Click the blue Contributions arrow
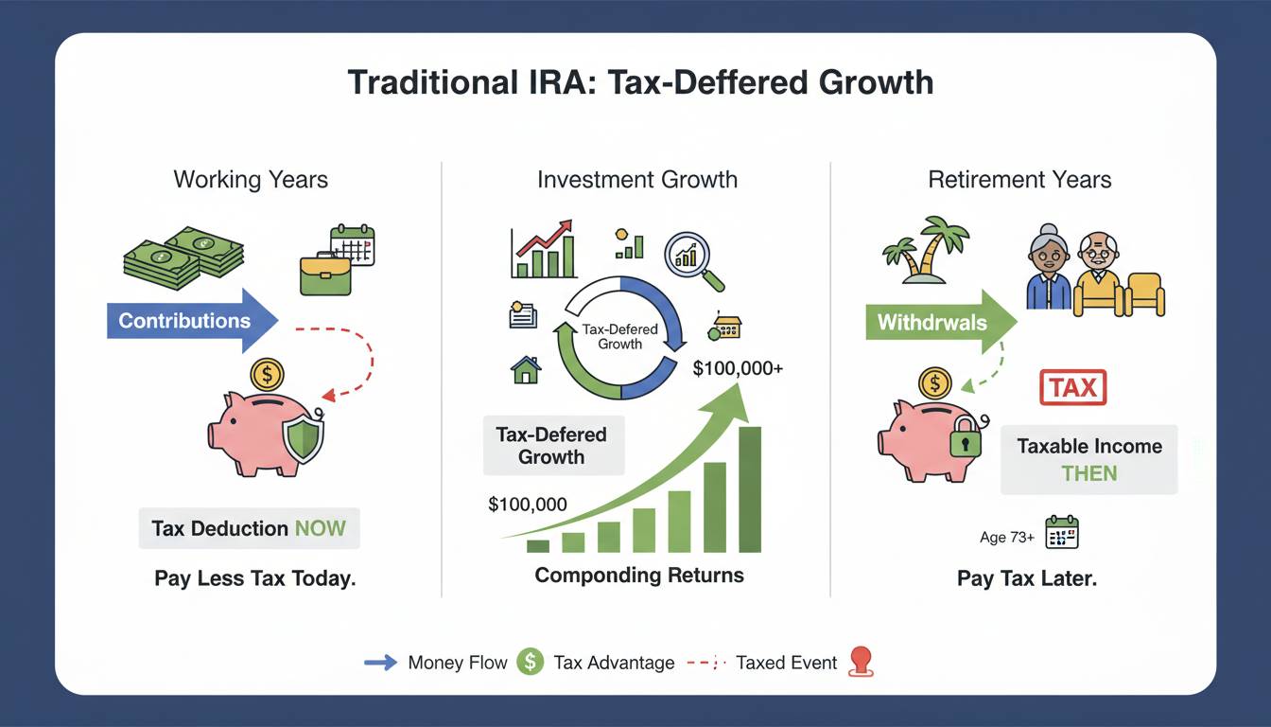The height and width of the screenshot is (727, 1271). pyautogui.click(x=192, y=321)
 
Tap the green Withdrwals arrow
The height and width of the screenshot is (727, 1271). pyautogui.click(x=941, y=322)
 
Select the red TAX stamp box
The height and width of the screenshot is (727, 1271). pyautogui.click(x=1072, y=387)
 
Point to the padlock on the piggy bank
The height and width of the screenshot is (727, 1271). pyautogui.click(x=966, y=436)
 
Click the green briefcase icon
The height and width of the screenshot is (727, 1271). pyautogui.click(x=325, y=275)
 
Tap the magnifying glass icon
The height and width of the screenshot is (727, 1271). pyautogui.click(x=693, y=260)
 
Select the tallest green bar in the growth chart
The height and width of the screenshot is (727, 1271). pyautogui.click(x=750, y=489)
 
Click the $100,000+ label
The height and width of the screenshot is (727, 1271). pyautogui.click(x=738, y=368)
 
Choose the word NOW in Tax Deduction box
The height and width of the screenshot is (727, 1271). pyautogui.click(x=320, y=528)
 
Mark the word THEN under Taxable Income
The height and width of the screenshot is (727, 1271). pyautogui.click(x=1088, y=473)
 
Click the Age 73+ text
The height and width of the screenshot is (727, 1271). pyautogui.click(x=1007, y=537)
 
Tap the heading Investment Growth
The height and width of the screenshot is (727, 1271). pyautogui.click(x=637, y=180)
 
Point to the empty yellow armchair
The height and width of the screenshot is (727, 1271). pyautogui.click(x=1145, y=294)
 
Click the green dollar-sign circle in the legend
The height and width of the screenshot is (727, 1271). pyautogui.click(x=530, y=662)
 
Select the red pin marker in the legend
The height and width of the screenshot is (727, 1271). pyautogui.click(x=861, y=663)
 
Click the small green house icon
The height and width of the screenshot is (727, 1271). pyautogui.click(x=526, y=370)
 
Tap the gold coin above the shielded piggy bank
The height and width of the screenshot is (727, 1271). pyautogui.click(x=267, y=374)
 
